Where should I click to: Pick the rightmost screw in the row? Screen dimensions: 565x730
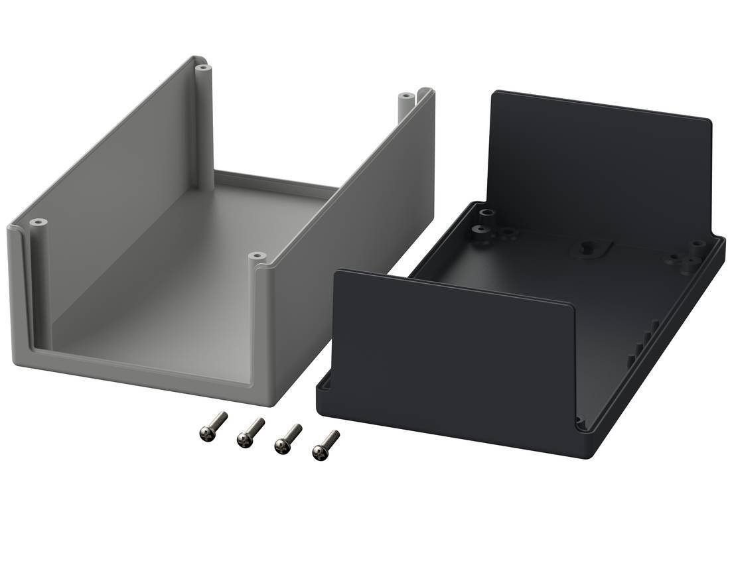pyautogui.click(x=325, y=445)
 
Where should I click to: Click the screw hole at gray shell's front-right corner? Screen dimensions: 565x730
pyautogui.click(x=257, y=255)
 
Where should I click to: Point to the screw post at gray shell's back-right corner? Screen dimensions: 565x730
pyautogui.click(x=405, y=99)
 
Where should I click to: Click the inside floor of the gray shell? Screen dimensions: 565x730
pyautogui.click(x=199, y=265)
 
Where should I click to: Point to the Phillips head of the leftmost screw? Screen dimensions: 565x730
pyautogui.click(x=205, y=432)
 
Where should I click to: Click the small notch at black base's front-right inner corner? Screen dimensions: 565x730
pyautogui.click(x=581, y=420)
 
